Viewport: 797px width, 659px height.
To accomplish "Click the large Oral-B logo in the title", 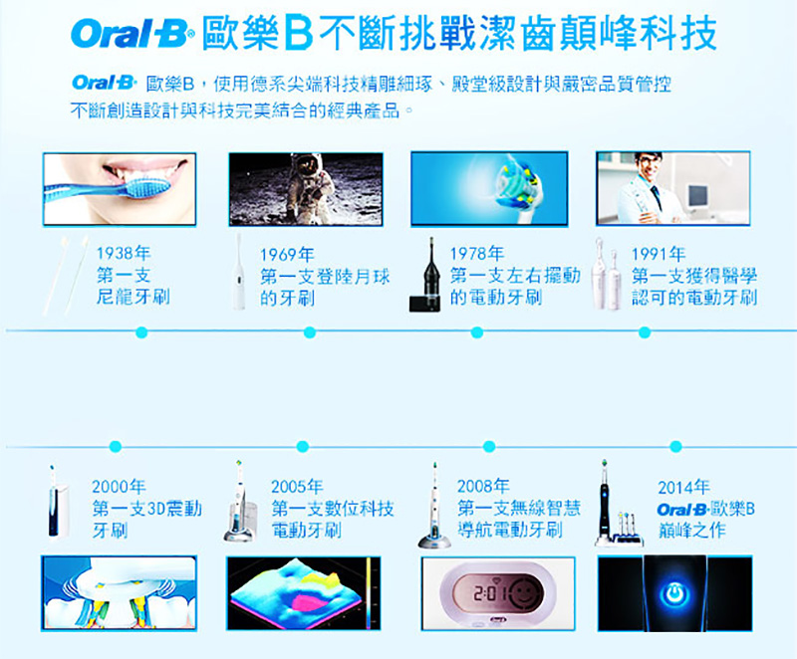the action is [133, 34].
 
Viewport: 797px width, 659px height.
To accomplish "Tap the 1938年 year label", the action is [124, 252].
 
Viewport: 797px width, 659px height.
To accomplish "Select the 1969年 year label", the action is [287, 255].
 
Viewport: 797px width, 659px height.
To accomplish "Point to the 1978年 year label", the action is [477, 253].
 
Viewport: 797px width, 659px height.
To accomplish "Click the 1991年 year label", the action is [659, 253].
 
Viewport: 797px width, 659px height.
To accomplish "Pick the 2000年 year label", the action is [119, 487].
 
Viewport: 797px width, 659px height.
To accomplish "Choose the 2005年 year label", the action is [297, 487].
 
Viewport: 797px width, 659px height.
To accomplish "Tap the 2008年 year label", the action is [483, 486].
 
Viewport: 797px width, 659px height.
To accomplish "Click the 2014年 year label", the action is [683, 488].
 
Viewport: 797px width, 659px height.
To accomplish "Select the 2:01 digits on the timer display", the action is [489, 592].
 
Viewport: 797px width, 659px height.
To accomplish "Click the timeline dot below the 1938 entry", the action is [141, 332].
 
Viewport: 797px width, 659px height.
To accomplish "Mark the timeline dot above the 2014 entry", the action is [675, 446].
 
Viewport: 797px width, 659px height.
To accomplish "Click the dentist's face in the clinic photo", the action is [649, 167].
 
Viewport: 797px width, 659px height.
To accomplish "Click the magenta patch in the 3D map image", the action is [308, 602].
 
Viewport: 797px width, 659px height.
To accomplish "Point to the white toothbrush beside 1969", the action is [238, 272].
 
